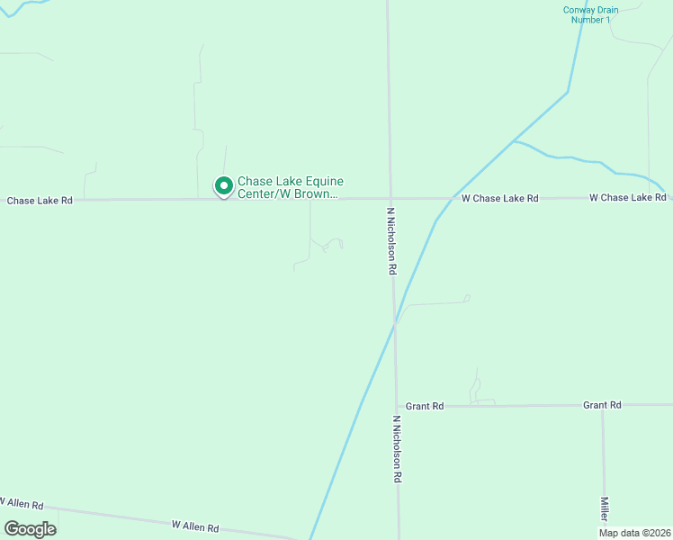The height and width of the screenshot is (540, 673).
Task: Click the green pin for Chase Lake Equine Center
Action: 223,185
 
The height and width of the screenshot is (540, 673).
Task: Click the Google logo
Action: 31,529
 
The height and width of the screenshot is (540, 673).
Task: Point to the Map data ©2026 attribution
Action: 634,533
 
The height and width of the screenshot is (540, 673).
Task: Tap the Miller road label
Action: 605,508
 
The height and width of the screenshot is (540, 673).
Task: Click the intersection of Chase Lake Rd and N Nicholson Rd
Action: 390,198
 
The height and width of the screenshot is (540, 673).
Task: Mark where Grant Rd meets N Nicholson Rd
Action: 396,406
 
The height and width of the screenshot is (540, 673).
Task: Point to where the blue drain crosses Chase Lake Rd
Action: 450,198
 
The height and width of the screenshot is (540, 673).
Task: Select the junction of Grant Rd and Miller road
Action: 603,405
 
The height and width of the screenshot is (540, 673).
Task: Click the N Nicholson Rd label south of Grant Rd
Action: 396,449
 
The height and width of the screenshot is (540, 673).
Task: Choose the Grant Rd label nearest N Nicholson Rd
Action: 425,406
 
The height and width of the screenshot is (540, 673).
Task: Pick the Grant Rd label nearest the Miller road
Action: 602,405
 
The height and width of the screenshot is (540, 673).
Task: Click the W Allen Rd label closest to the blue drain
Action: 195,526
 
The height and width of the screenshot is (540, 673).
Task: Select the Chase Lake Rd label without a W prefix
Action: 40,201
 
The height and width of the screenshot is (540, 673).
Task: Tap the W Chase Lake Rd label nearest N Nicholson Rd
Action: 499,198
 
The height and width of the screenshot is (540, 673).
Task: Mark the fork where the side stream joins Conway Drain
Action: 514,141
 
